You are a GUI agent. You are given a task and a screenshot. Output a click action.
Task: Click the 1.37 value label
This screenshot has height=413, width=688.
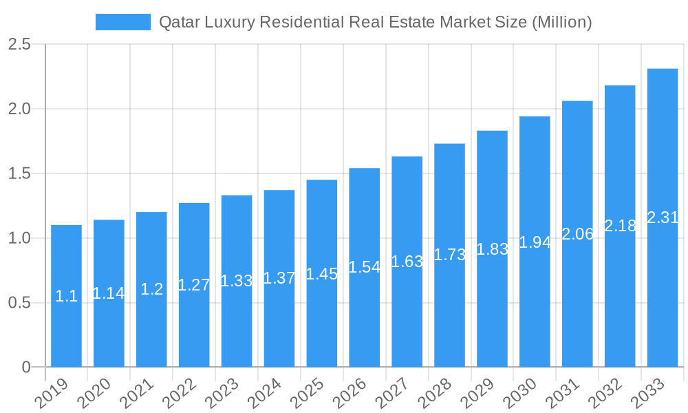pos(279,278)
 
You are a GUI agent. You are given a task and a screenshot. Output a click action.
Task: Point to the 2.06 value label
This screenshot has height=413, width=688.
pos(577,234)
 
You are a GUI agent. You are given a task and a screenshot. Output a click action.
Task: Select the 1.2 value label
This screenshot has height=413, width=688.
pos(151,289)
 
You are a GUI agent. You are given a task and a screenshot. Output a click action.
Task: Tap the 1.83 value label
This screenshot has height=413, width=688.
pos(492,249)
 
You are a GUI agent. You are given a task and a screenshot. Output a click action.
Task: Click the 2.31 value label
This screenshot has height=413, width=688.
pos(663,218)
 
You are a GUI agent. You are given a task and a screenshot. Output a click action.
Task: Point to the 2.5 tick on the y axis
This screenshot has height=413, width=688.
pos(19,44)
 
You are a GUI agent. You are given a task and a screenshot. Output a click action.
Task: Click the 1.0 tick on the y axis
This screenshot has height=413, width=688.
pos(19,238)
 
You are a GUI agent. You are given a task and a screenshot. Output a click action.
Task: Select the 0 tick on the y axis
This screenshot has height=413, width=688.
pos(26,367)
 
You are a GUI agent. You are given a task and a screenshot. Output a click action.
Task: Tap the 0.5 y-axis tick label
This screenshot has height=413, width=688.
pos(19,303)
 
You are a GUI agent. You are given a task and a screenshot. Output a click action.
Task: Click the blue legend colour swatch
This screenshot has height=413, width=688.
pos(122,22)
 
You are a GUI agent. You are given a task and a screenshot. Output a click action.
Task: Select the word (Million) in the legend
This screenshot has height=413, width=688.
pos(562,22)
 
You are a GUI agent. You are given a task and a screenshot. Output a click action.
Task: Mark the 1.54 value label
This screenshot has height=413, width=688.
pos(364,267)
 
